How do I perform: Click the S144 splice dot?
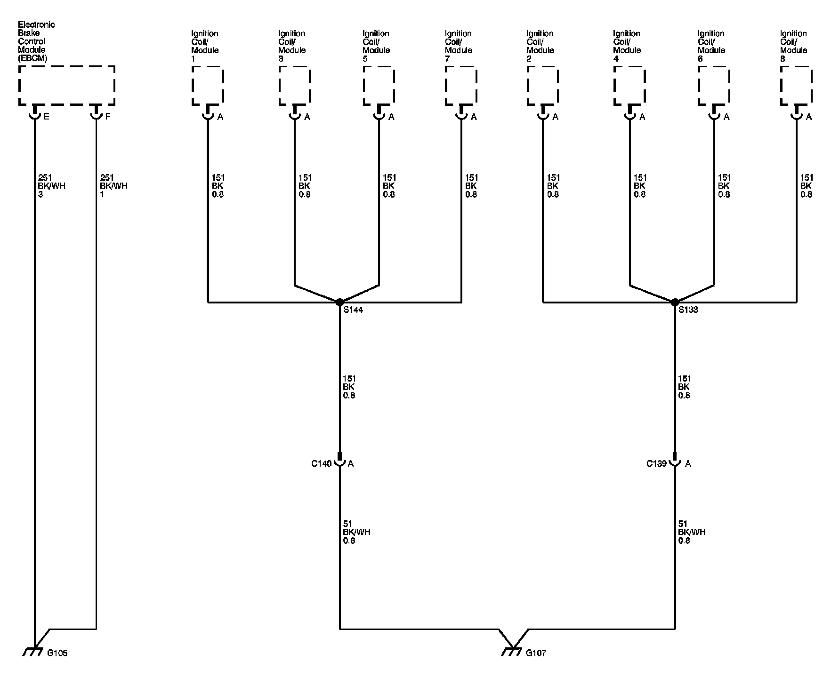tap(339, 302)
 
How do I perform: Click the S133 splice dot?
tap(675, 302)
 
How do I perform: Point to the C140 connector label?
tap(321, 463)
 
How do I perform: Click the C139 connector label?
tap(656, 463)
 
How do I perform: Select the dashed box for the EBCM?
tap(66, 85)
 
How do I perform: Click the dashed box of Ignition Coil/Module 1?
tap(208, 85)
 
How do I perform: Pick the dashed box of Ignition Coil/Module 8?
tap(796, 85)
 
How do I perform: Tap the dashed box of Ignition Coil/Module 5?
tap(379, 85)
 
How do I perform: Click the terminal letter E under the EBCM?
tap(46, 117)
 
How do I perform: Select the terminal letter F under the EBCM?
tap(108, 117)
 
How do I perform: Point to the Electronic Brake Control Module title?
tap(36, 41)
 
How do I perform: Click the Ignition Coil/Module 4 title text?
tap(627, 46)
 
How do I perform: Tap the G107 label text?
tap(536, 653)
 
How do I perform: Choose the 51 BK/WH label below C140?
tap(356, 532)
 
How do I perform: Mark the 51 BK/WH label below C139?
tap(692, 532)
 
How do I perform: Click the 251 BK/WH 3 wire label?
tap(51, 186)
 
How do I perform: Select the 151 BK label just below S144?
tap(349, 387)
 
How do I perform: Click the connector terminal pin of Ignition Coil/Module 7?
tap(461, 113)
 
